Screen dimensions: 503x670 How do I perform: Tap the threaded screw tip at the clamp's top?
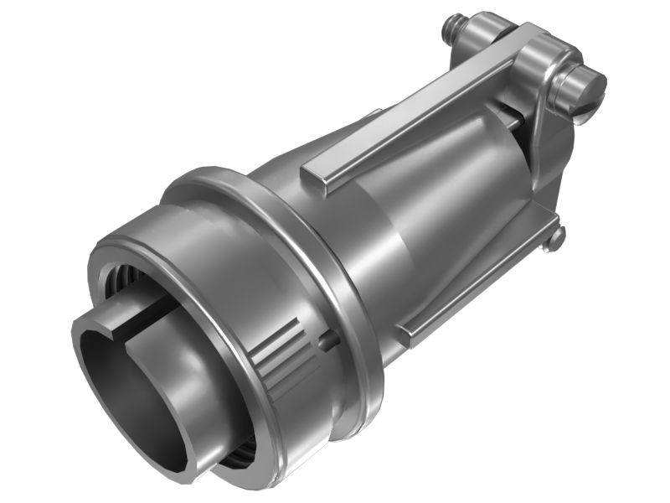pos(453,24)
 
